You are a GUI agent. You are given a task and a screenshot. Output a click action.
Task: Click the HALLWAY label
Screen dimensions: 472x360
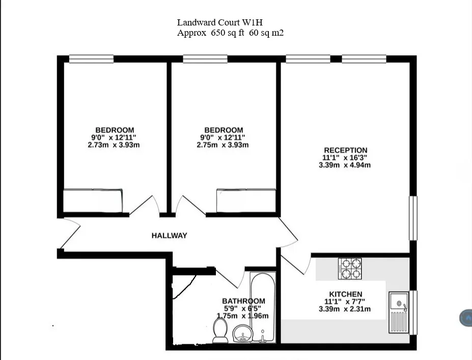(x=169, y=235)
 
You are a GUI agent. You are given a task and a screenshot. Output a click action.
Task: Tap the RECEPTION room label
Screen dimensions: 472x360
(x=346, y=150)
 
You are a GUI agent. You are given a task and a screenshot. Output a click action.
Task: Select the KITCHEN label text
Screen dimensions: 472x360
(x=346, y=294)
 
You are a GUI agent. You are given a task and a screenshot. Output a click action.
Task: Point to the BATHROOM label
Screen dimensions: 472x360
(x=243, y=301)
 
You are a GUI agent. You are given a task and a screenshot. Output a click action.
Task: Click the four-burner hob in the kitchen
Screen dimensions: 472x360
(x=350, y=268)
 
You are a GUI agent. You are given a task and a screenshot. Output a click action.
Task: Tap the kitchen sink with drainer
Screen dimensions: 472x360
(x=399, y=312)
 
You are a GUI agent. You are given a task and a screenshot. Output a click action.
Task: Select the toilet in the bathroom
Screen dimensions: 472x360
(x=220, y=330)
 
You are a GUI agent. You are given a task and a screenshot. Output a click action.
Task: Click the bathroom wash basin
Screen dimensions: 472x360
(x=242, y=334)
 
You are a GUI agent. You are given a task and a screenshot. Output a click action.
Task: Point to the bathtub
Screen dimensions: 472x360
(x=263, y=307)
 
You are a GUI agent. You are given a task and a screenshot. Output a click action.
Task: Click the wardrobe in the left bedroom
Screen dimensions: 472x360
(x=93, y=201)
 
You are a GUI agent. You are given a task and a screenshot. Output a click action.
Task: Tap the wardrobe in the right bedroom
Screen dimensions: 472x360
(x=246, y=201)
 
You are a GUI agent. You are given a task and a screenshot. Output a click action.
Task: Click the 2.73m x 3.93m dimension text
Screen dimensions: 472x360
(x=114, y=145)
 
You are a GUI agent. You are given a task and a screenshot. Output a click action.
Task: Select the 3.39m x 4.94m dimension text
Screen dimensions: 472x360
(x=345, y=165)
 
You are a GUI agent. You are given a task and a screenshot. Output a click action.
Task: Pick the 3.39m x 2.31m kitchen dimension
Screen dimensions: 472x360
(x=345, y=309)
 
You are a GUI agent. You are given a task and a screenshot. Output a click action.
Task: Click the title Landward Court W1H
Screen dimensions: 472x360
(x=220, y=22)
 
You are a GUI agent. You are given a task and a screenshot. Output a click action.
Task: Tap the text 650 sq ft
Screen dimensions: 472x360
(x=228, y=33)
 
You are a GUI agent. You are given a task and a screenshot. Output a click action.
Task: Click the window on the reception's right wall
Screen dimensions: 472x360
(x=413, y=218)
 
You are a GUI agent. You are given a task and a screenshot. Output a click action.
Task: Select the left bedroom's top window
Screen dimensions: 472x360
(x=91, y=59)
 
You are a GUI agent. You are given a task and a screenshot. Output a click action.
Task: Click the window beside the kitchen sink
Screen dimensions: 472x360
(x=413, y=313)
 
